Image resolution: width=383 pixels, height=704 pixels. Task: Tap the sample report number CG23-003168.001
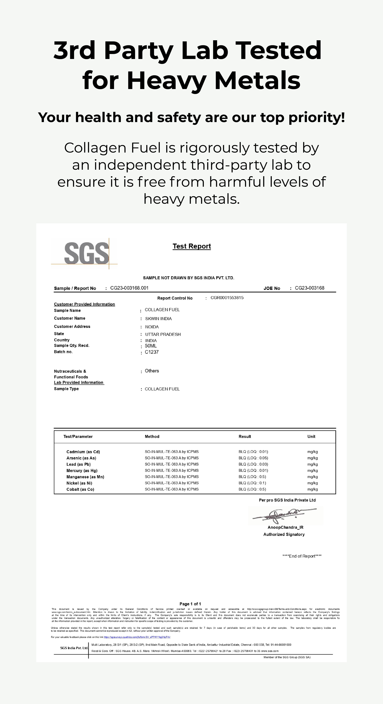tap(129, 288)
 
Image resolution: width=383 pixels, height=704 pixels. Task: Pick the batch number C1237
tap(152, 352)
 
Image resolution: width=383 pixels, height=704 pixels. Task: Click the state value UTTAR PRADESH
tap(163, 334)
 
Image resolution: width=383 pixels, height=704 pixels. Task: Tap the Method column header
tap(152, 436)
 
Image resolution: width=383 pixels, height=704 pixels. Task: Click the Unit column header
tap(311, 436)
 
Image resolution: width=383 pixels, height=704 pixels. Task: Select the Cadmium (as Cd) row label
tap(83, 452)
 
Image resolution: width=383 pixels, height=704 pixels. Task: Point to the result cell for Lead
tap(253, 464)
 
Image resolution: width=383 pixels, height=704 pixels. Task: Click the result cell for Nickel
tap(252, 483)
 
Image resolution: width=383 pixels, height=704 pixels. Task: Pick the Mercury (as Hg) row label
tap(82, 470)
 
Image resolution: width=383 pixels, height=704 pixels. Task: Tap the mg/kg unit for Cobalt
tap(313, 489)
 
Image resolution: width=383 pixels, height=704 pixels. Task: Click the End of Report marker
tap(302, 556)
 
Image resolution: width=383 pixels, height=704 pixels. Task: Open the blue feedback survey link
tap(137, 637)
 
